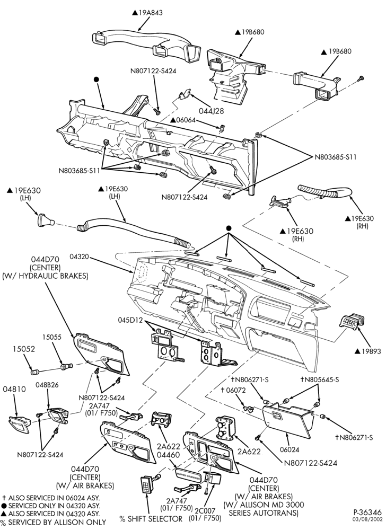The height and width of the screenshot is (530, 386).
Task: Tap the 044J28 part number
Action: coord(212,111)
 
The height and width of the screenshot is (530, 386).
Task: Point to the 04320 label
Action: coord(79,257)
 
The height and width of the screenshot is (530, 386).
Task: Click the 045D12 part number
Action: coord(130,320)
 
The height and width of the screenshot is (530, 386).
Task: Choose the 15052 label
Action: coord(24,349)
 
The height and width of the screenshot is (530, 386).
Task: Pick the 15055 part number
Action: coord(52,337)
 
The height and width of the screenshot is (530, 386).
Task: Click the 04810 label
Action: coord(14,389)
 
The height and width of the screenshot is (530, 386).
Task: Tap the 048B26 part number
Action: coord(47,385)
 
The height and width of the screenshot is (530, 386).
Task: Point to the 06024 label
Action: coord(289,450)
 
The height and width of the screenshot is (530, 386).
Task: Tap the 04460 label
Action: coord(168,455)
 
